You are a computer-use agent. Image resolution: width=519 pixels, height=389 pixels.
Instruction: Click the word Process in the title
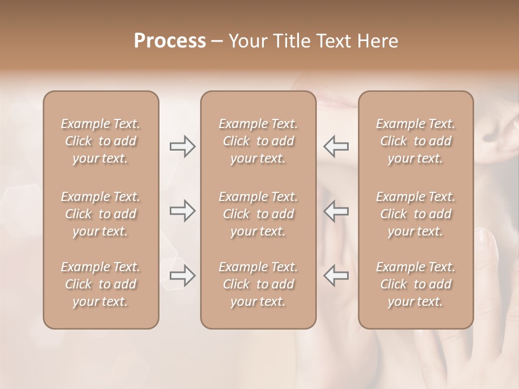tap(169, 41)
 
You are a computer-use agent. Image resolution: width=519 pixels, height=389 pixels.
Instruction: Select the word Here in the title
tap(378, 41)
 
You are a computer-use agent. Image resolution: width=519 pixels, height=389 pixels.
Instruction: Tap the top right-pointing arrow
tap(183, 146)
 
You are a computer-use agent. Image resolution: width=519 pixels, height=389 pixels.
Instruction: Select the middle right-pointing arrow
tap(183, 211)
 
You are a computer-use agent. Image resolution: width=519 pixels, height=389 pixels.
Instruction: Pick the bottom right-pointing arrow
tap(183, 276)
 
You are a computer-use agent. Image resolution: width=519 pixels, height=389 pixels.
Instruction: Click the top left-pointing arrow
tap(336, 146)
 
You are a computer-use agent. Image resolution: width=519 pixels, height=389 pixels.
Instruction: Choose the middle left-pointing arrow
tap(336, 211)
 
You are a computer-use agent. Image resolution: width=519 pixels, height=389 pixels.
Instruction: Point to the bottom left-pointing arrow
tap(336, 276)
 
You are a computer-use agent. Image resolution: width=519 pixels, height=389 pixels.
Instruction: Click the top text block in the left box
tap(101, 141)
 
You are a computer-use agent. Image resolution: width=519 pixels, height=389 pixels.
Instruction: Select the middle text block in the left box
tap(101, 214)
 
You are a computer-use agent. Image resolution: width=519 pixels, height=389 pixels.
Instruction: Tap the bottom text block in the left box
tap(101, 284)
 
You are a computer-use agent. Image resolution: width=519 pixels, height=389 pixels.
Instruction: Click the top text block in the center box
tap(258, 141)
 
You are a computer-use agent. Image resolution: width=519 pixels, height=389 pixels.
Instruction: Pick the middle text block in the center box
tap(258, 214)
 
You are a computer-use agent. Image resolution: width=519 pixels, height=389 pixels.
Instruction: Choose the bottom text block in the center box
tap(258, 284)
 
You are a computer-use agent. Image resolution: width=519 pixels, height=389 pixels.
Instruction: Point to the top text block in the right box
tap(416, 141)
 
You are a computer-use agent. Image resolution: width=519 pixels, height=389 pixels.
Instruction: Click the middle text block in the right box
tap(416, 214)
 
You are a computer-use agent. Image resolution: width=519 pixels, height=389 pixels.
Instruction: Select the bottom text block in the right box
tap(416, 284)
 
